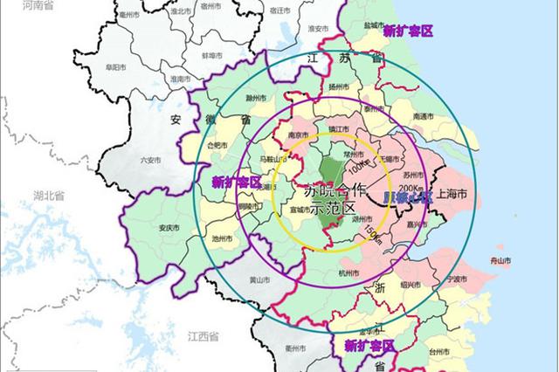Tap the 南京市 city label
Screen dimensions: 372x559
[x=300, y=135]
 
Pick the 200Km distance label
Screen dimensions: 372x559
[x=410, y=188]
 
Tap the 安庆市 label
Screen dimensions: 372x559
[x=169, y=228]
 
